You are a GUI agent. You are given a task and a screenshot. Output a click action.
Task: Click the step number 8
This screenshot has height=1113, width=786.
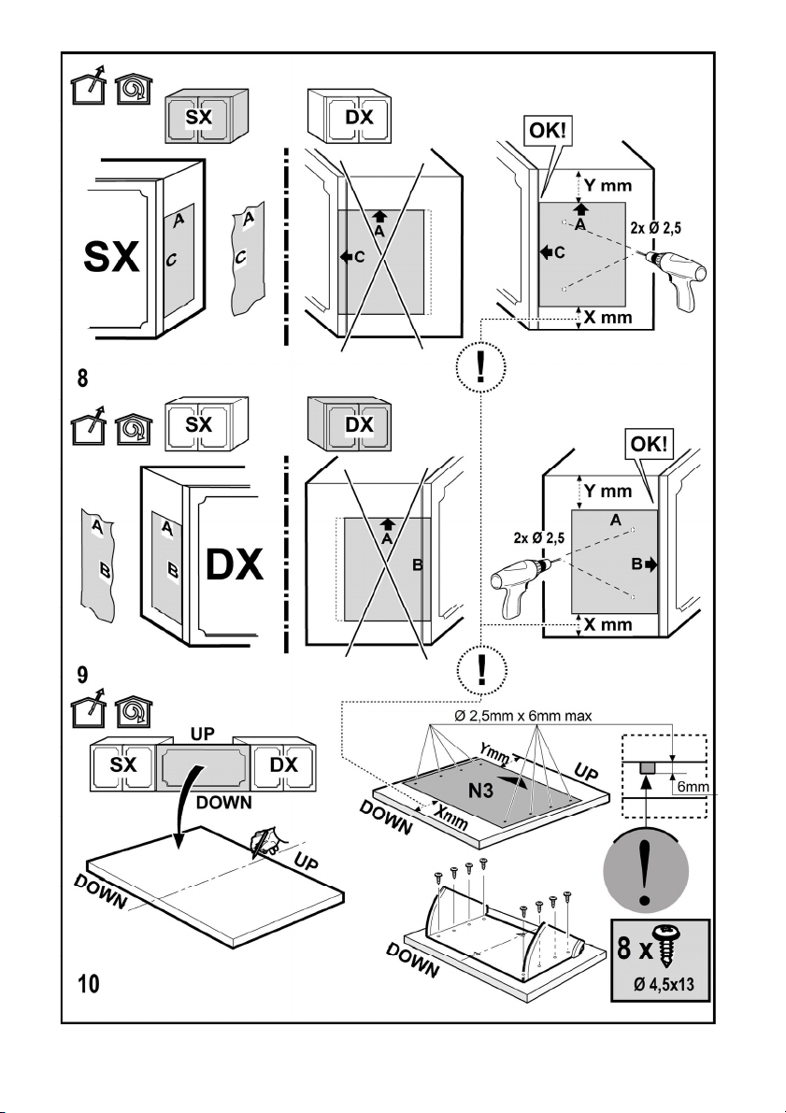click(x=82, y=378)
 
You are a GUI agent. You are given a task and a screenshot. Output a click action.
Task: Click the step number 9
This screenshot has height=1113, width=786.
click(x=82, y=675)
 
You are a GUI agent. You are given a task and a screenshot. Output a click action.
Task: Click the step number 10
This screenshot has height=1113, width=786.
click(x=90, y=983)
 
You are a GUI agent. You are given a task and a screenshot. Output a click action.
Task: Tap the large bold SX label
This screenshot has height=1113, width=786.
click(x=111, y=257)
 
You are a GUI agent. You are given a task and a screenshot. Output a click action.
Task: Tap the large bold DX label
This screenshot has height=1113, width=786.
click(x=235, y=565)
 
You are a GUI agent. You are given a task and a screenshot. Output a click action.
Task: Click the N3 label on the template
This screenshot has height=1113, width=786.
click(x=480, y=790)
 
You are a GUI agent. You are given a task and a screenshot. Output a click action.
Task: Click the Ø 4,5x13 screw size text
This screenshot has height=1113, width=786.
click(x=664, y=985)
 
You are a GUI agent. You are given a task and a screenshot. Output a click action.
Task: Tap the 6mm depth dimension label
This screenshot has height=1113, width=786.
click(x=693, y=787)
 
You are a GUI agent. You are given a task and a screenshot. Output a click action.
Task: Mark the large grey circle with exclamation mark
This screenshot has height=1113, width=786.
click(x=646, y=869)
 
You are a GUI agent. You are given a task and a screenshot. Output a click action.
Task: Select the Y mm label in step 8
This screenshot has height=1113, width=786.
click(x=607, y=185)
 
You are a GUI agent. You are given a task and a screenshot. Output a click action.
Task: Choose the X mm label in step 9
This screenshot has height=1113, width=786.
click(x=607, y=624)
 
